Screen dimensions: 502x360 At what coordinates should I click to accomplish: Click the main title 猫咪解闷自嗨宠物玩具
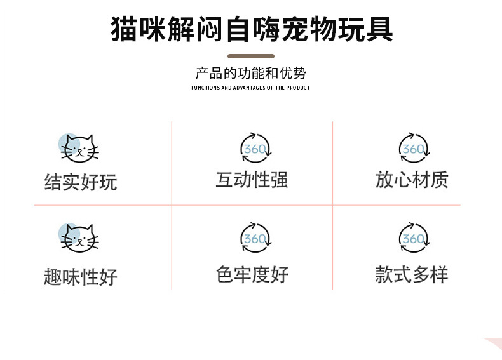[251, 29]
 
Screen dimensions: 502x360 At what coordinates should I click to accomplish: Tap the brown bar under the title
[251, 57]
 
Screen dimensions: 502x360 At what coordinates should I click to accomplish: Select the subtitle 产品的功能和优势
[251, 73]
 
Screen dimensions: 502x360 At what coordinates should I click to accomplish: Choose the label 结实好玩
[81, 183]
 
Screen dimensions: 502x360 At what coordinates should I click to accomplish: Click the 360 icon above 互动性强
[255, 149]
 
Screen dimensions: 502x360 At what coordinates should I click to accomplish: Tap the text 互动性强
[252, 180]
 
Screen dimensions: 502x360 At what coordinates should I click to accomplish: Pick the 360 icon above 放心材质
[414, 149]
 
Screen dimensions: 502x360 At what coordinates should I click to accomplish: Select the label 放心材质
[412, 180]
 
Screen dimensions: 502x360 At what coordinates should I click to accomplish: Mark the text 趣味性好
[81, 277]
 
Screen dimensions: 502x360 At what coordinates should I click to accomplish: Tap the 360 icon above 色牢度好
[255, 238]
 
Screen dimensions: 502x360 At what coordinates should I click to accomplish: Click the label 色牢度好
[252, 274]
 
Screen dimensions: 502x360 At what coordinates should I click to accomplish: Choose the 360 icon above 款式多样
[414, 238]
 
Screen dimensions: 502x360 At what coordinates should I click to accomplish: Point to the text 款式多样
[412, 274]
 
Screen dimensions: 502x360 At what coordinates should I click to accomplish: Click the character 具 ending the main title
[379, 29]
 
